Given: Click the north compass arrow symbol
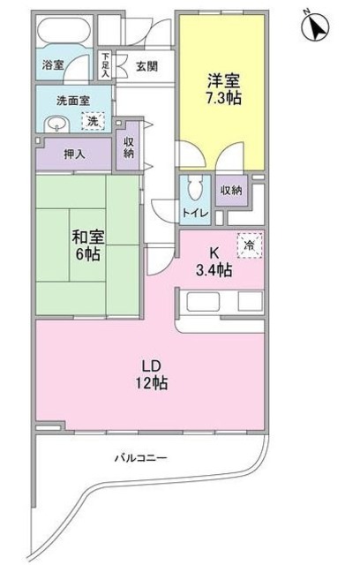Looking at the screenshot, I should tap(315, 26).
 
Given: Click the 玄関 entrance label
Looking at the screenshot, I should tap(146, 66).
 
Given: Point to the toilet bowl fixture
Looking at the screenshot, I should tap(197, 187).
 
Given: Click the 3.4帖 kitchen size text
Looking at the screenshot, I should tap(214, 270).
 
